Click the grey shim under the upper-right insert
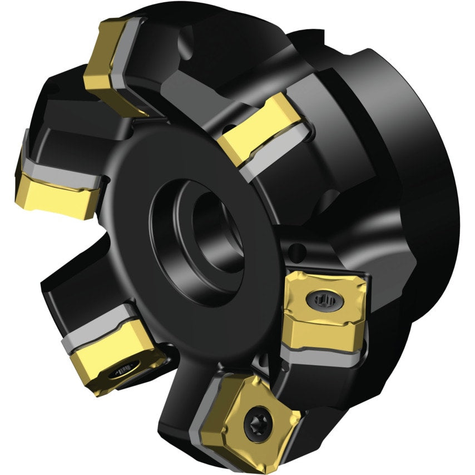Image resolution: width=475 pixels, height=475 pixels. [278, 147]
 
